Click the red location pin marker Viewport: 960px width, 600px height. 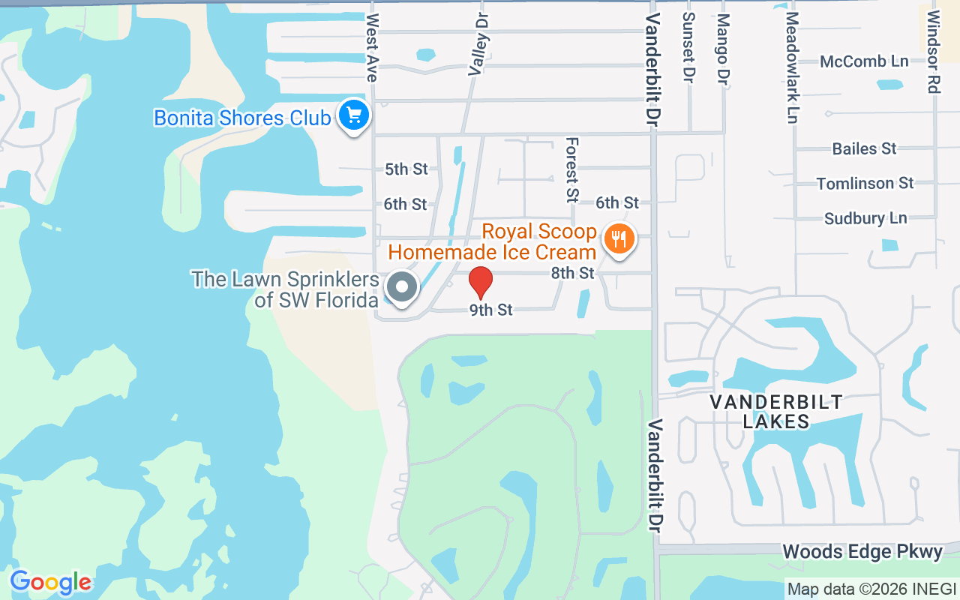click(481, 283)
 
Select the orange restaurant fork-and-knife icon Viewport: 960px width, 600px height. click(618, 239)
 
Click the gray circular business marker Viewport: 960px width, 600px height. click(402, 286)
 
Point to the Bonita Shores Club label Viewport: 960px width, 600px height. click(241, 118)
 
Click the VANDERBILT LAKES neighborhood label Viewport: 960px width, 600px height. click(776, 412)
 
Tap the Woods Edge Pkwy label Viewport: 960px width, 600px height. click(862, 553)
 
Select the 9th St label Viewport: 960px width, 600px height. click(491, 310)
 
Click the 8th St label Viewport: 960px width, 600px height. click(573, 273)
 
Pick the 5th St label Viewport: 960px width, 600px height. click(406, 169)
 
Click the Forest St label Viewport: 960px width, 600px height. click(572, 169)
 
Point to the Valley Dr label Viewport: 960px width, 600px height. click(478, 43)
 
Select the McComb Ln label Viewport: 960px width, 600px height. click(864, 61)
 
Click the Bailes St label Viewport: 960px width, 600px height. click(864, 148)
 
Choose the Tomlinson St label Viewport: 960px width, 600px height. click(865, 183)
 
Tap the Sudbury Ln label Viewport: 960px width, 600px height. click(865, 218)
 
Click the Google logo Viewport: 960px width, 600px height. click(50, 582)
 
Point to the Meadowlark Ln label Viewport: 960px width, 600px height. click(792, 67)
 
